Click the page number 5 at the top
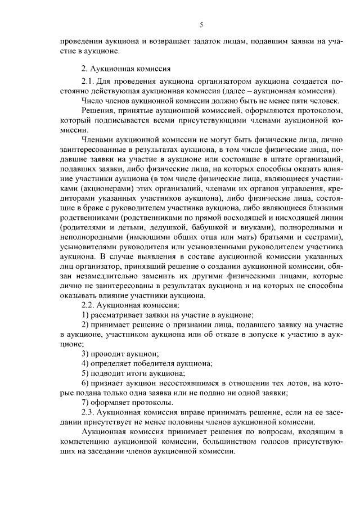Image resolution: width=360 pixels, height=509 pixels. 200,24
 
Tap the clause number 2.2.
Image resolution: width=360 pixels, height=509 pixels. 89,304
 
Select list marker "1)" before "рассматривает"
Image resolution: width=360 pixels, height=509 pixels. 85,314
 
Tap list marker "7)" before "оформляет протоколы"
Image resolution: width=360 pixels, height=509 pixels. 85,402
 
